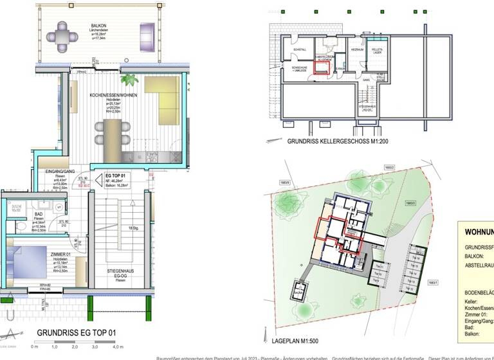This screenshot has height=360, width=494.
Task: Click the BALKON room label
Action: tap(98, 26)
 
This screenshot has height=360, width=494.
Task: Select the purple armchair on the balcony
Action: tap(147, 32)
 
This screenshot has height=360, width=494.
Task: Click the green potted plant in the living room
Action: tap(129, 81)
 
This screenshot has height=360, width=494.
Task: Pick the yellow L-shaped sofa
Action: tap(165, 96)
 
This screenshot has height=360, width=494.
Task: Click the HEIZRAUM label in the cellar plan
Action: tap(358, 50)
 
